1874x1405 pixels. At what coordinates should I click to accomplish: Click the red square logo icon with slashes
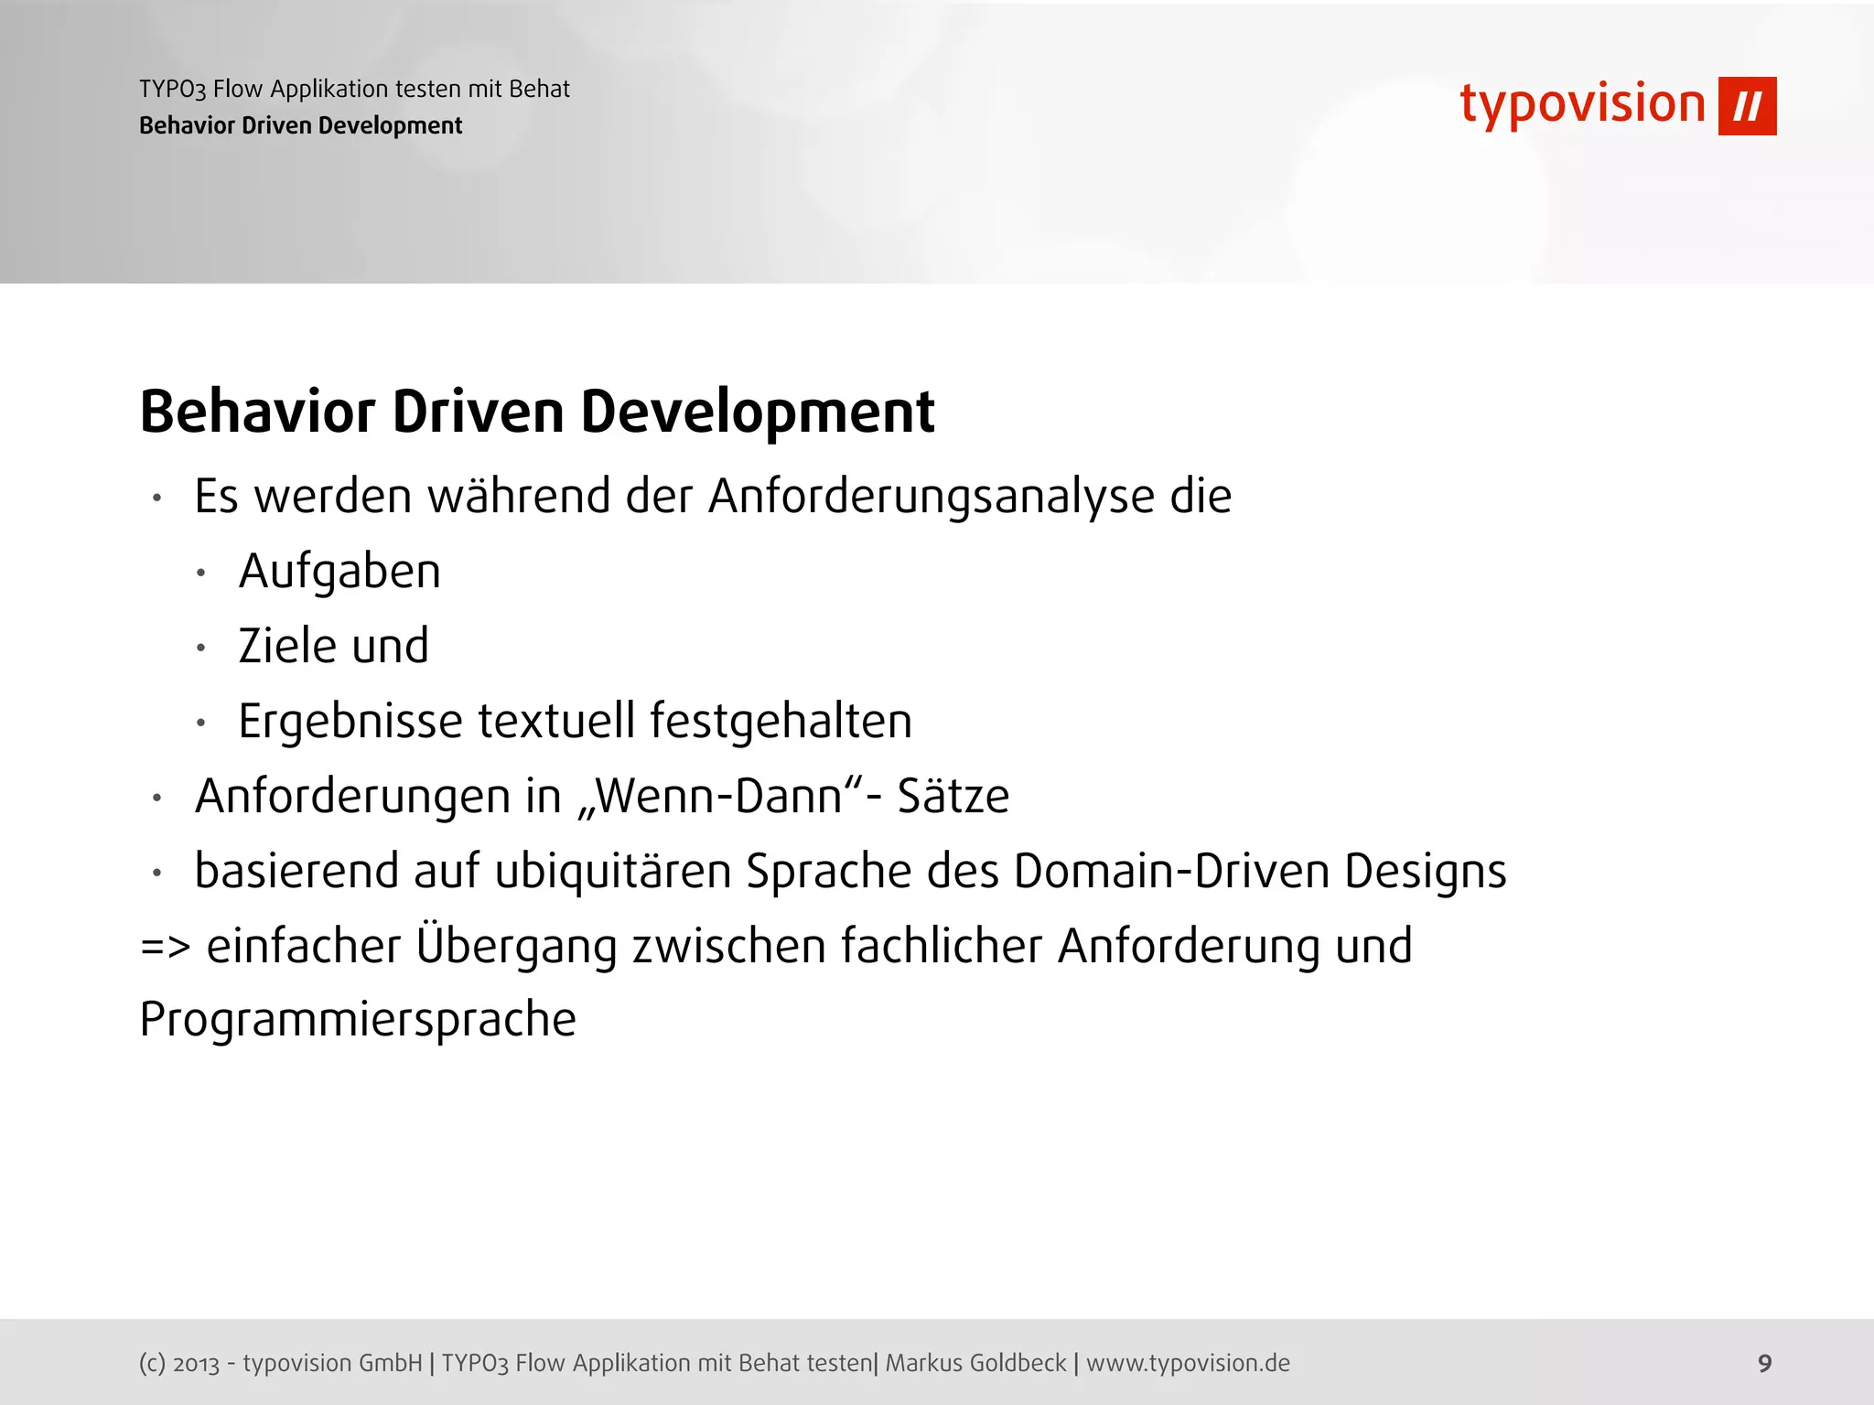[x=1747, y=106]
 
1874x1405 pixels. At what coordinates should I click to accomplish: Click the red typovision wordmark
[x=1582, y=104]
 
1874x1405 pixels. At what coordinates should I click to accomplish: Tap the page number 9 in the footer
[x=1765, y=1363]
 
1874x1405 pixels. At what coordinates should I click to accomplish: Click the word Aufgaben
[x=339, y=573]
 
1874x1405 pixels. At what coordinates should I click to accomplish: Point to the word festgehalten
[x=781, y=721]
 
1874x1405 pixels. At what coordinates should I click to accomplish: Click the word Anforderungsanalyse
[x=931, y=498]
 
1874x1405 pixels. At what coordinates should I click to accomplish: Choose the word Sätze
[x=953, y=796]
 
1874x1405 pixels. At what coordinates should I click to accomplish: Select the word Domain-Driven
[x=1170, y=871]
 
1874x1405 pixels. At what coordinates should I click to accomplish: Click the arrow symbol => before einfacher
[x=165, y=947]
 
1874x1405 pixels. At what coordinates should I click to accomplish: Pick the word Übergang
[x=516, y=945]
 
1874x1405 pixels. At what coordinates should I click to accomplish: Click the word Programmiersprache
[x=358, y=1020]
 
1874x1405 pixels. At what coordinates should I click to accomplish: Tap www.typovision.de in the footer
[x=1188, y=1363]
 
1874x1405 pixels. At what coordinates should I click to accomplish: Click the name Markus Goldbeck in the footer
[x=975, y=1363]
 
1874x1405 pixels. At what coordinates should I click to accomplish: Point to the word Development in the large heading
[x=758, y=412]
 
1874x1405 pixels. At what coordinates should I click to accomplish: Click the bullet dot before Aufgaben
[x=201, y=574]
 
